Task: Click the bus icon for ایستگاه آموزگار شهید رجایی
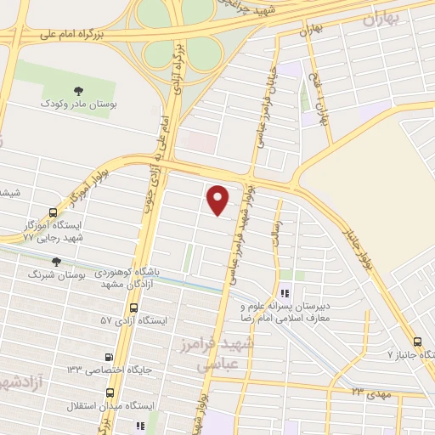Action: (54, 212)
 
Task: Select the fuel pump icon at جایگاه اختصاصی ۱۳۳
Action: (108, 357)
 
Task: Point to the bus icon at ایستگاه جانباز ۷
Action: (417, 341)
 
